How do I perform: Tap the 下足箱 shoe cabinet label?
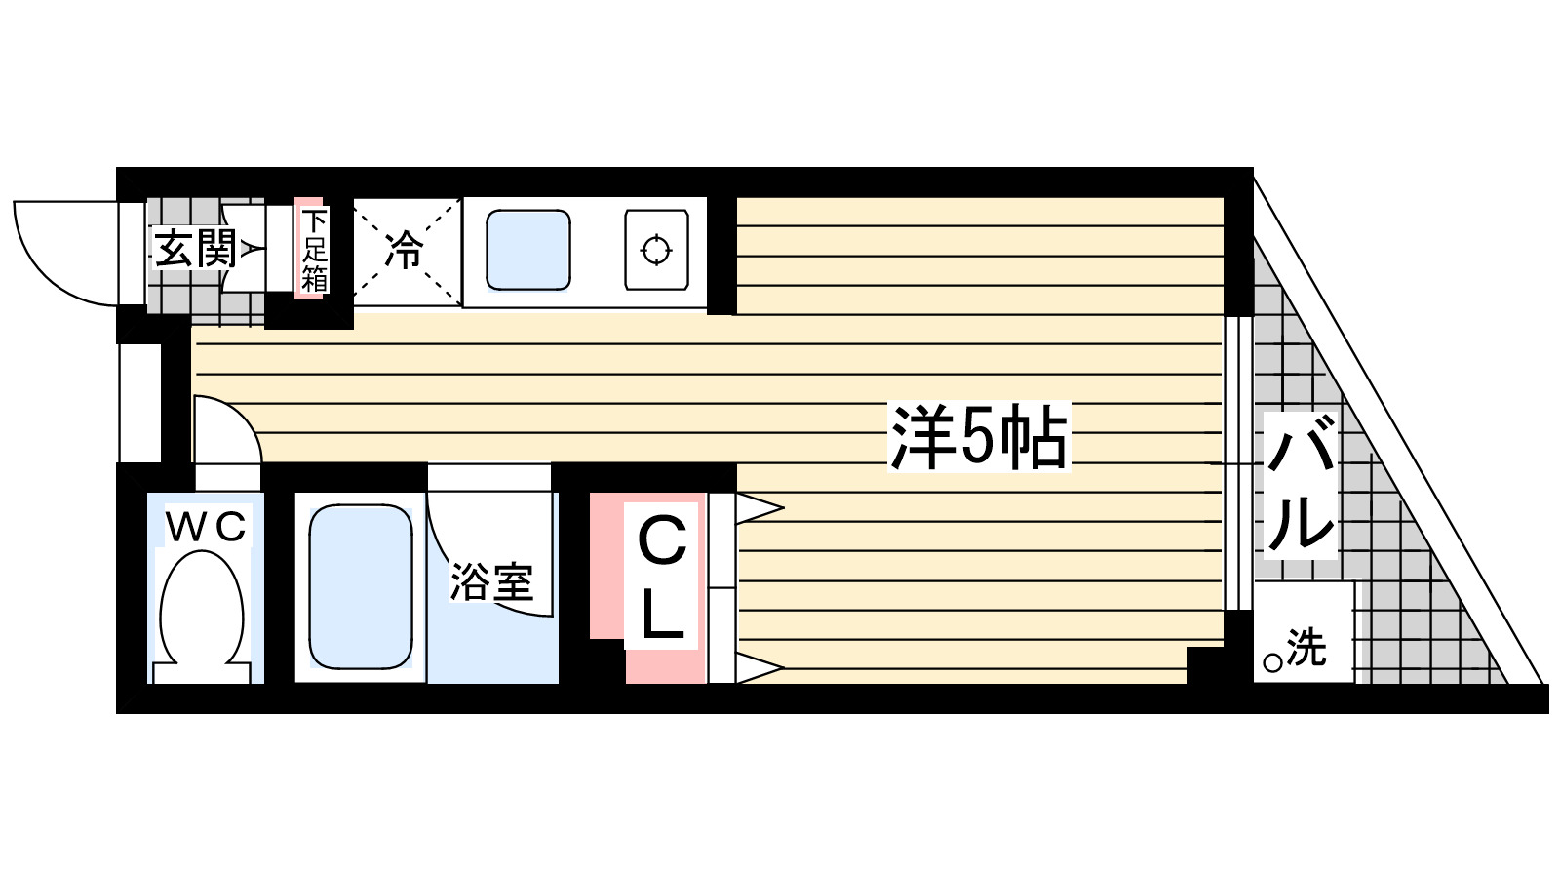click(x=312, y=250)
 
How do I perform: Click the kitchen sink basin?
click(x=527, y=251)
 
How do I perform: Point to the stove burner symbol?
click(x=656, y=251)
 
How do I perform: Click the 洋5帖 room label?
click(x=978, y=437)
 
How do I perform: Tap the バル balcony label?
click(x=1300, y=485)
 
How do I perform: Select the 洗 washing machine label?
click(x=1306, y=647)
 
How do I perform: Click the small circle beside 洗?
click(x=1272, y=663)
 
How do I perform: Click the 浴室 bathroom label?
click(x=491, y=581)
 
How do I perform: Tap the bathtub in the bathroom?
click(x=361, y=586)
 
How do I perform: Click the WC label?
click(x=205, y=528)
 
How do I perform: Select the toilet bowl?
click(x=202, y=610)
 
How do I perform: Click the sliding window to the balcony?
click(x=1237, y=463)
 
